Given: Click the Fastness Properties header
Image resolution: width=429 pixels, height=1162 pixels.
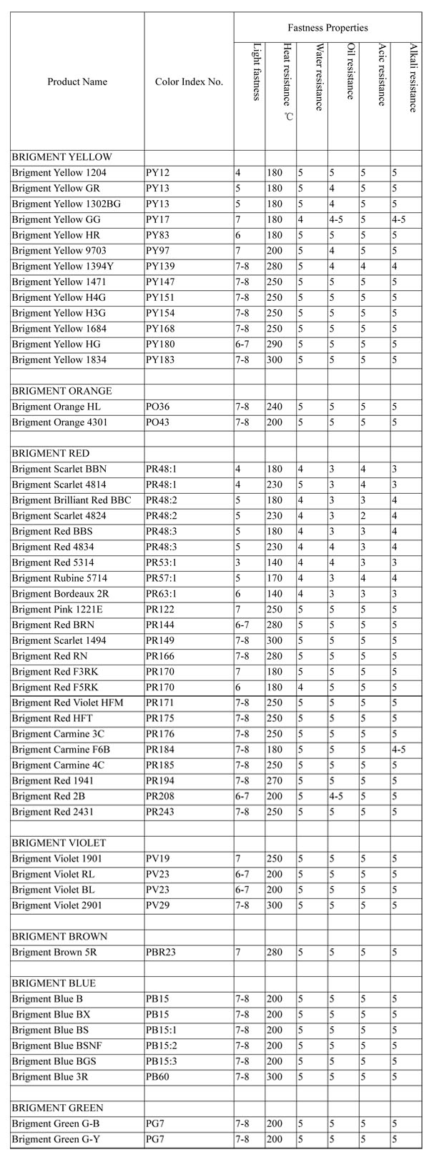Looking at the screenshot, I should [x=327, y=28].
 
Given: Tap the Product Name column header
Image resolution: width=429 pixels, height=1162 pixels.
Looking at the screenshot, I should [x=77, y=81].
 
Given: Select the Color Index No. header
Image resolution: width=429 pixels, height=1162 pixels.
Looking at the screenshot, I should [x=189, y=81].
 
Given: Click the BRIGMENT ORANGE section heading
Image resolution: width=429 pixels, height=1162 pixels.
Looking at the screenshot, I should [x=61, y=391].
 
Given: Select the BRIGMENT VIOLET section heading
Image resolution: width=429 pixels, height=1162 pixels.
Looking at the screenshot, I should [x=59, y=843].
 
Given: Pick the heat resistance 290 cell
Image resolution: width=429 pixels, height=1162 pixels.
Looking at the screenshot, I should [x=275, y=344].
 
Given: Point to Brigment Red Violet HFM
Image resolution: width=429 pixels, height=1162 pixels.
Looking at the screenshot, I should [x=67, y=702].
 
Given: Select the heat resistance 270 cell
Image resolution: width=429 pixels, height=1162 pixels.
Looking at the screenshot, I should [x=275, y=780].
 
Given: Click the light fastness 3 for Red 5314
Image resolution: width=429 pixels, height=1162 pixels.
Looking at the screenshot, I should [x=238, y=562].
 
